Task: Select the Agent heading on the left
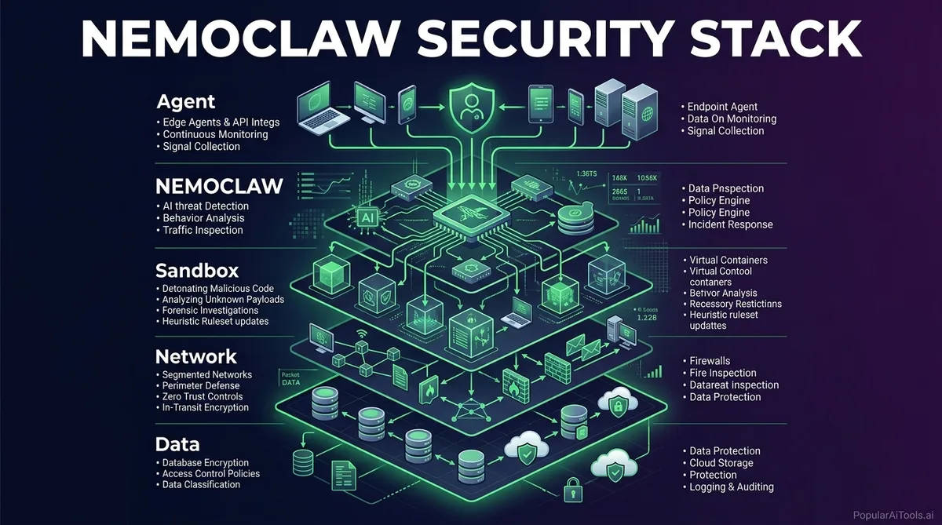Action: point(186,102)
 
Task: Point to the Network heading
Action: point(196,355)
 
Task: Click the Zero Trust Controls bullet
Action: point(206,396)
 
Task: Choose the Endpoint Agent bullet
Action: point(722,107)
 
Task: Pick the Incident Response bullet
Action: point(731,224)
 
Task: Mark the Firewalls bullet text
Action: point(710,361)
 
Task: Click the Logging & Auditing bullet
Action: point(732,487)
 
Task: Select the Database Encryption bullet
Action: point(205,463)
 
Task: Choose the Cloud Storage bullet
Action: point(721,463)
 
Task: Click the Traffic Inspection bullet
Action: point(203,230)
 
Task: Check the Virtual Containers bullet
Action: point(728,260)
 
